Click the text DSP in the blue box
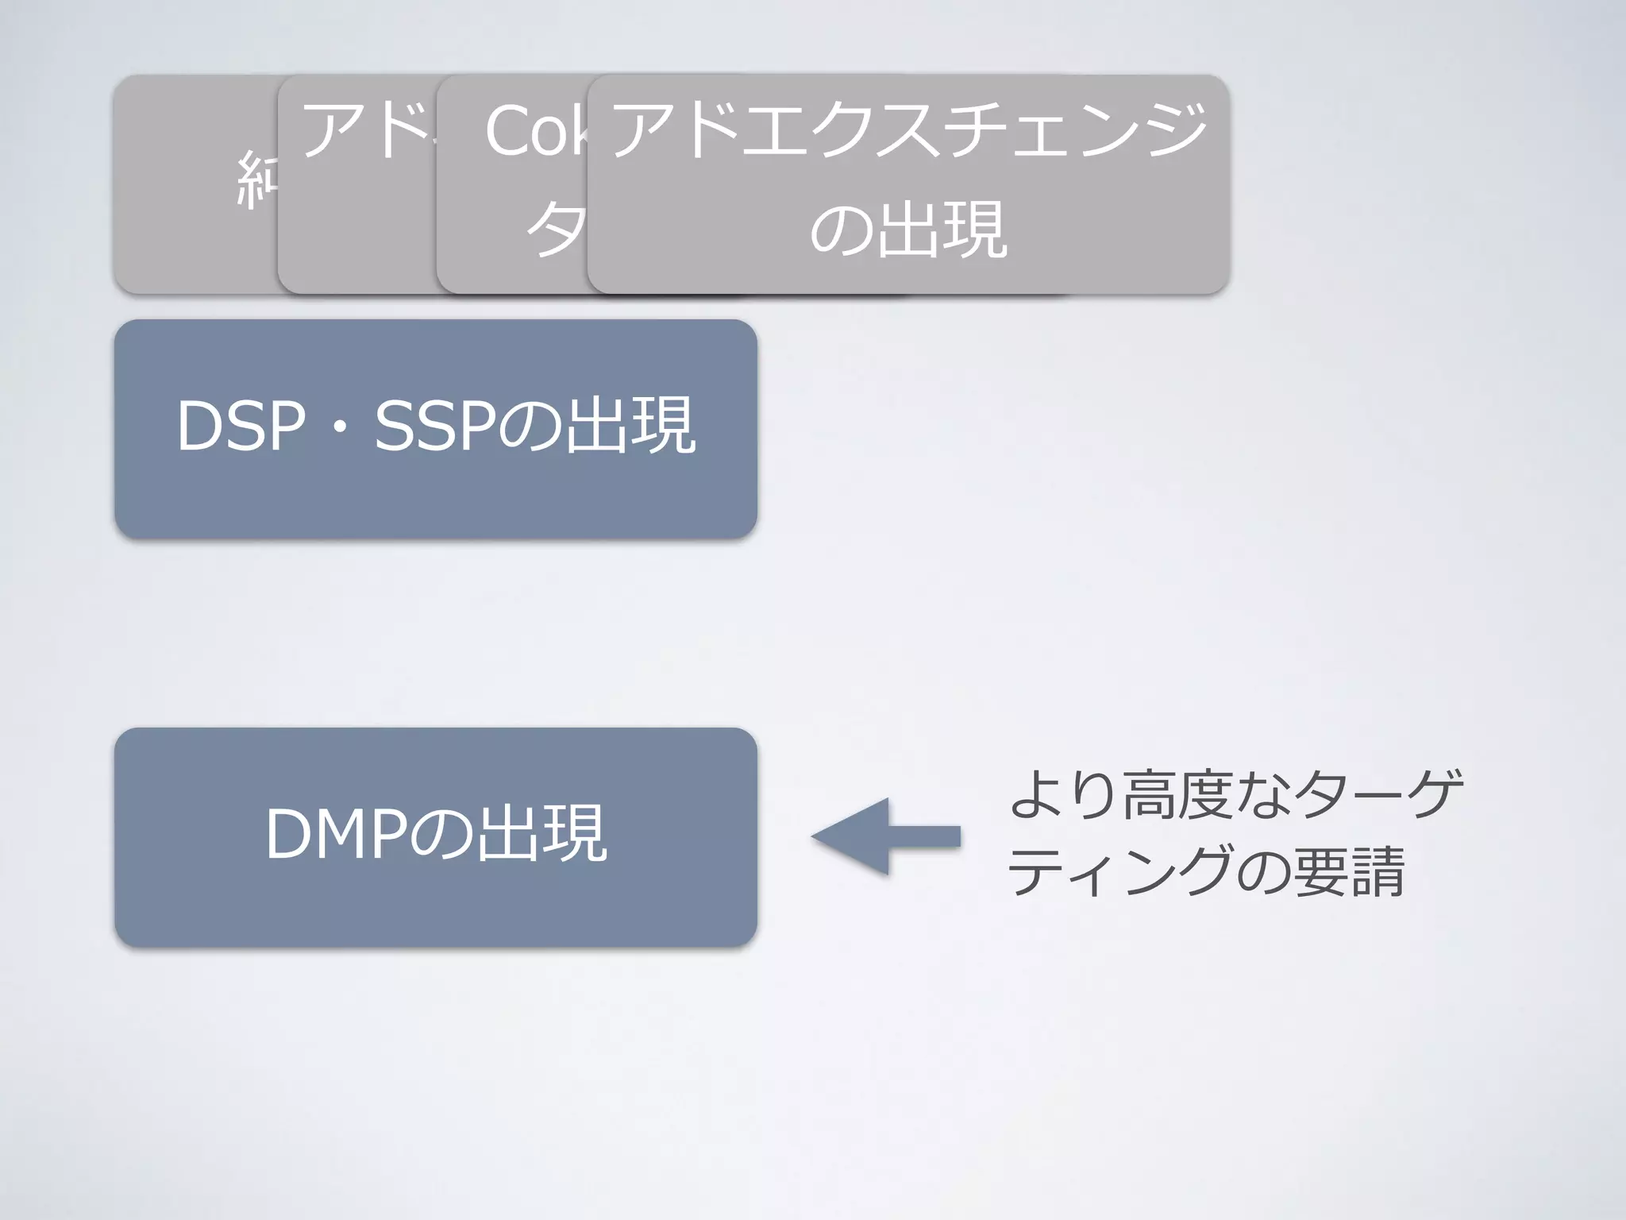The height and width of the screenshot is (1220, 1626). pyautogui.click(x=241, y=427)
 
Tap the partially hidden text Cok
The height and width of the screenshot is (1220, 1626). pyautogui.click(x=537, y=131)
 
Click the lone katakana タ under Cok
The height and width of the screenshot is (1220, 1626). pyautogui.click(x=556, y=230)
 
